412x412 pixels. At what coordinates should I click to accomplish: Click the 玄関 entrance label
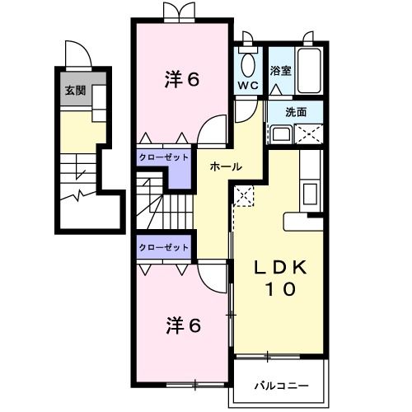(x=75, y=91)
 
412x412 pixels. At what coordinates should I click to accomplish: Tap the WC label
(x=248, y=85)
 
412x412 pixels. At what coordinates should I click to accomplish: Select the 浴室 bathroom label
(x=281, y=72)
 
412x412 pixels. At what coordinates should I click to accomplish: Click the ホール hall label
(x=226, y=166)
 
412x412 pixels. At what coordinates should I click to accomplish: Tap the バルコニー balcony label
(x=281, y=384)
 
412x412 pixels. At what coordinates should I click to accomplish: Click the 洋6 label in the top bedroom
(x=183, y=79)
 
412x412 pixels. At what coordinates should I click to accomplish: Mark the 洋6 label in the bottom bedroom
(x=183, y=324)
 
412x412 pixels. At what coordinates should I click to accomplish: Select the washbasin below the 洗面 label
(x=281, y=134)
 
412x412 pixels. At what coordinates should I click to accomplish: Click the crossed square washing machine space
(x=311, y=133)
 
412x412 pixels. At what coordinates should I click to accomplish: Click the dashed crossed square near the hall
(x=245, y=195)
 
